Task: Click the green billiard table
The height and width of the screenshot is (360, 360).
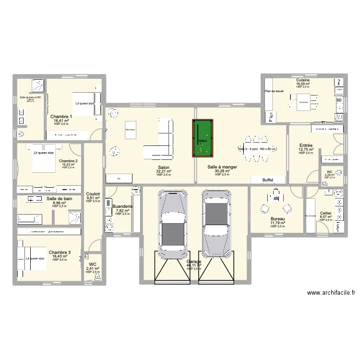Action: click(x=202, y=138)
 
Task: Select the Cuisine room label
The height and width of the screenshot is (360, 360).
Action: click(x=303, y=80)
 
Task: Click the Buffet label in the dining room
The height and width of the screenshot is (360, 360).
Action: click(x=268, y=180)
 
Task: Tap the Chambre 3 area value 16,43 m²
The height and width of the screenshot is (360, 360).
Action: click(x=60, y=256)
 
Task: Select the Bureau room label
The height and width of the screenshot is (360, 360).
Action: click(x=277, y=218)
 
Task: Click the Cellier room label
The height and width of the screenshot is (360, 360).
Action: click(x=325, y=213)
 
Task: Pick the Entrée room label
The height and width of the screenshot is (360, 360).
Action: click(x=306, y=145)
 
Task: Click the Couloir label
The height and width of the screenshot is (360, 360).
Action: click(x=93, y=193)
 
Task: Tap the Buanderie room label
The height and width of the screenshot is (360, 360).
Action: click(x=122, y=206)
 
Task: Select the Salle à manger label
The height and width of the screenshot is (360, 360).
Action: click(x=218, y=167)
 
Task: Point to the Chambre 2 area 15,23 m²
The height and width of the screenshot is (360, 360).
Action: click(x=69, y=165)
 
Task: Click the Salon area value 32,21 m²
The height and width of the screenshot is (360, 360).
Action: click(x=164, y=171)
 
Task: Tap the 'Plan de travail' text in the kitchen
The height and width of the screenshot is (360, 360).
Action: click(x=274, y=91)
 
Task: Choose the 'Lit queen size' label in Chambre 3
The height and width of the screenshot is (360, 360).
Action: click(x=35, y=259)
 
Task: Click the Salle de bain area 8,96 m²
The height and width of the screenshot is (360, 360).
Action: click(x=60, y=203)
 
